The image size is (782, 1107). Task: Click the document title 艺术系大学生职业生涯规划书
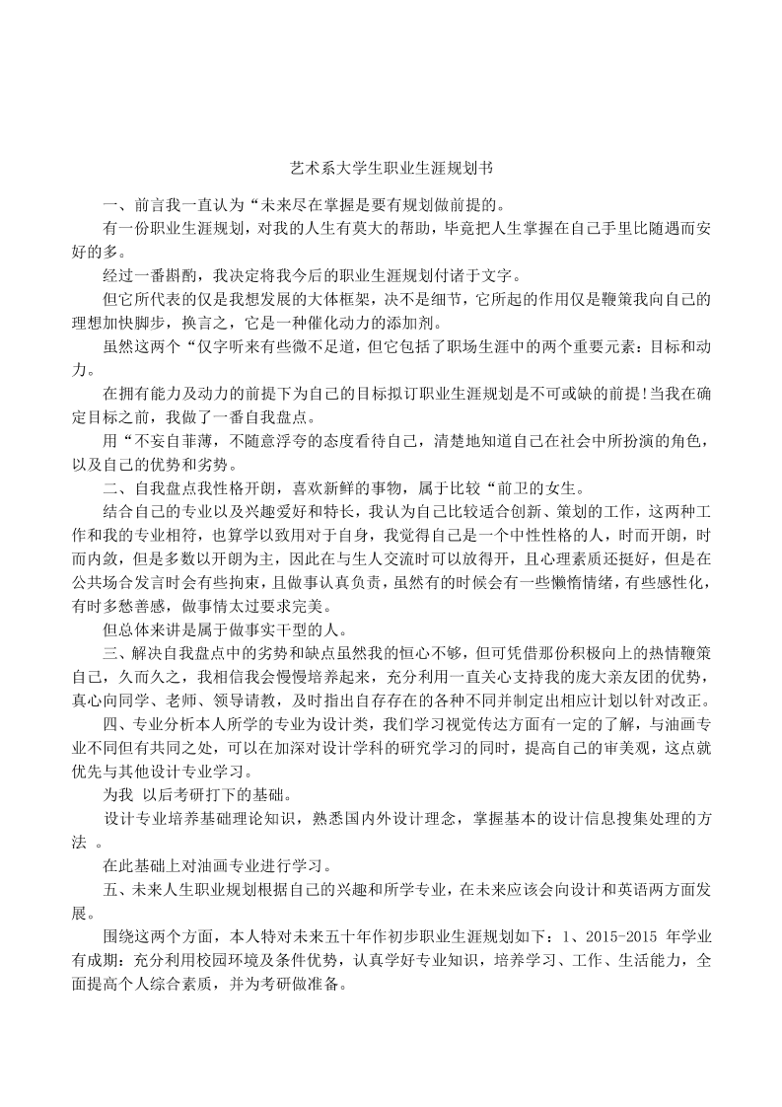[x=391, y=169]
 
